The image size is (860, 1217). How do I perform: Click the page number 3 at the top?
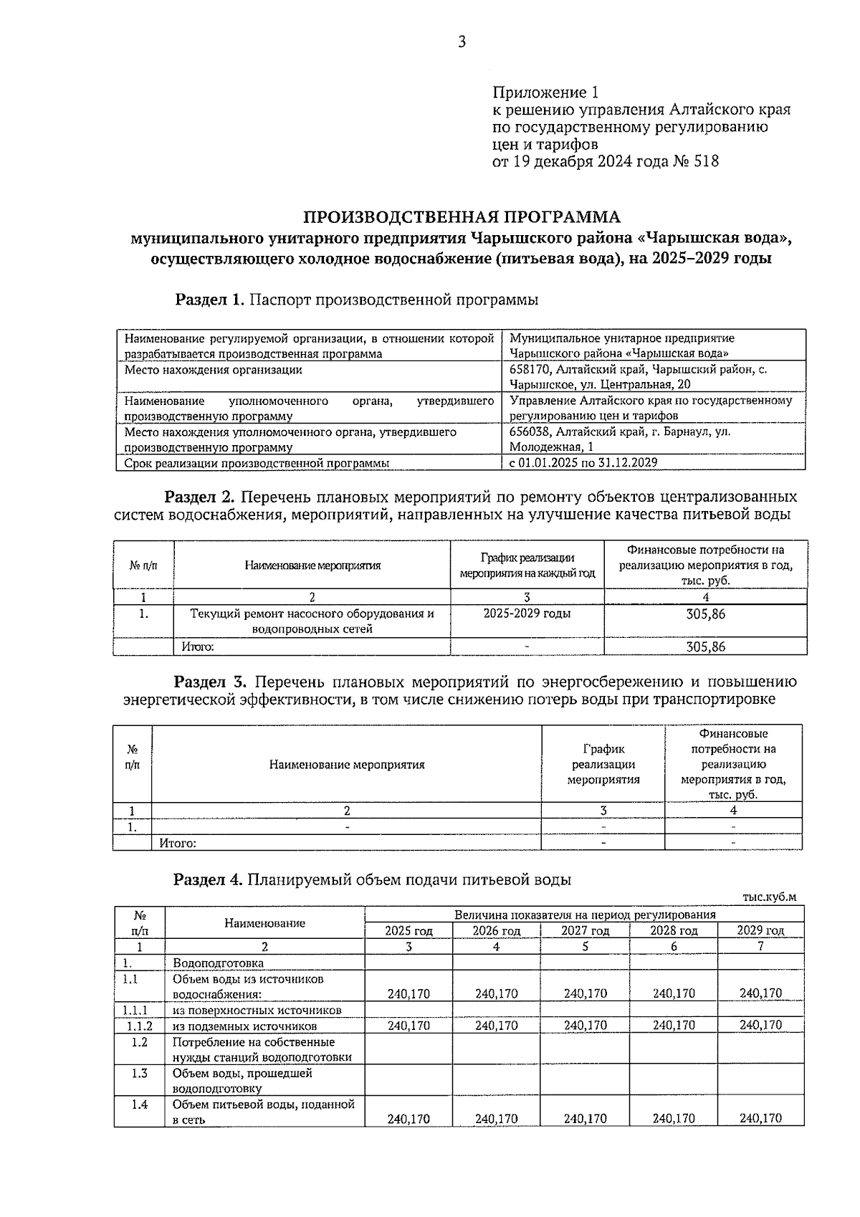(x=462, y=42)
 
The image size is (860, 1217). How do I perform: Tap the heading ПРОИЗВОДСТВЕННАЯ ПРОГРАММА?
(x=462, y=216)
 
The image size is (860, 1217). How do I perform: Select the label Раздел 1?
(x=211, y=300)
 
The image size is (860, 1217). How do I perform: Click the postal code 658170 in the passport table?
(x=530, y=369)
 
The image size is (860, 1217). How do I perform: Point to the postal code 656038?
(x=530, y=431)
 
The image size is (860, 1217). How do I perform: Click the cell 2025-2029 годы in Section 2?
(x=527, y=614)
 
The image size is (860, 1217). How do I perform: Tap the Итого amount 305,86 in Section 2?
(x=705, y=646)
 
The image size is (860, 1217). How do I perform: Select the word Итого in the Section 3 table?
(x=178, y=843)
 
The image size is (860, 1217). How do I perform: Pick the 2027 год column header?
(x=585, y=930)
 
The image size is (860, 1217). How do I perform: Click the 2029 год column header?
(x=760, y=930)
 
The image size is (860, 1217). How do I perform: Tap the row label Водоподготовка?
(x=218, y=963)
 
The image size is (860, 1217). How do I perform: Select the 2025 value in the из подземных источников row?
(x=408, y=1026)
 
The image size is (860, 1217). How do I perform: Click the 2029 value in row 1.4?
(x=760, y=1118)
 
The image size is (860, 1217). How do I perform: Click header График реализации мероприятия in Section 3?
(x=603, y=764)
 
